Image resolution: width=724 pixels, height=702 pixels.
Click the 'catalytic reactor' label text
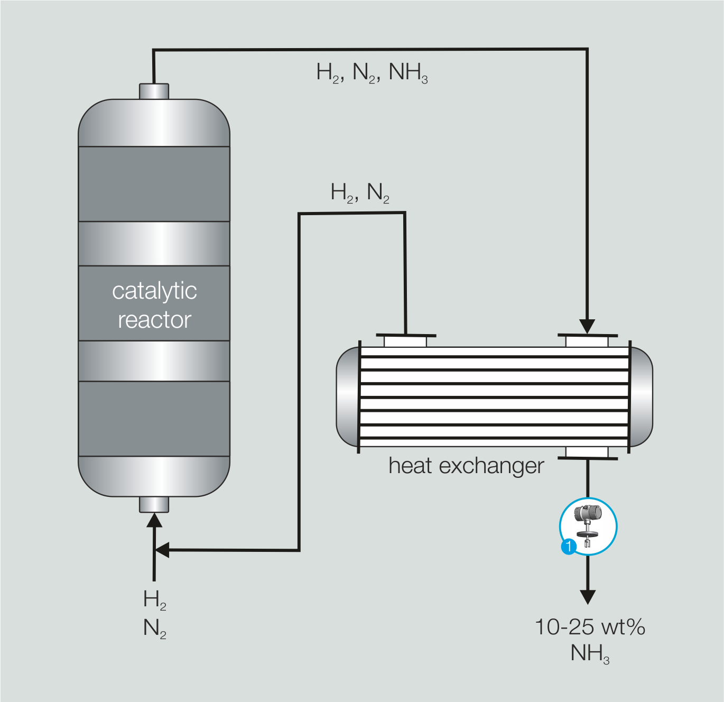click(154, 305)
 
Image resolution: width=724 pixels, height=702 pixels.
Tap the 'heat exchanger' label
click(466, 466)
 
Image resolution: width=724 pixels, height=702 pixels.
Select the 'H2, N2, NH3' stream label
click(372, 72)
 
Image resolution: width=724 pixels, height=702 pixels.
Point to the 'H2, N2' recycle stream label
click(360, 192)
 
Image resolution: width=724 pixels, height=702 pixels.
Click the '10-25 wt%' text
click(590, 627)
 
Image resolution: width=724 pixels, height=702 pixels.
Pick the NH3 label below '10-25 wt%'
click(590, 653)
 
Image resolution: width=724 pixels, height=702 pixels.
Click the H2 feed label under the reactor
click(154, 600)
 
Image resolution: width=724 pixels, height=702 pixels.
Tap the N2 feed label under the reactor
click(154, 628)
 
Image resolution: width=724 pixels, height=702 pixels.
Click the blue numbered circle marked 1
click(568, 546)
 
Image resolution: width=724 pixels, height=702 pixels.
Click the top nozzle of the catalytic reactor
click(154, 91)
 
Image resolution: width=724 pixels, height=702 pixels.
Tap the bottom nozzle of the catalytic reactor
click(154, 504)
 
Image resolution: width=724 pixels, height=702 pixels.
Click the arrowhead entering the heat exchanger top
click(587, 326)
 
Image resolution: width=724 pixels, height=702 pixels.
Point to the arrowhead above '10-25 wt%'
click(588, 597)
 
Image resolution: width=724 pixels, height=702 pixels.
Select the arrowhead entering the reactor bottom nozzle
click(154, 520)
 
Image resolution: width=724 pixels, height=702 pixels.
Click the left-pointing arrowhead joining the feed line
click(162, 550)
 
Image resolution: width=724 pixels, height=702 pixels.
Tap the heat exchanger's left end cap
click(348, 397)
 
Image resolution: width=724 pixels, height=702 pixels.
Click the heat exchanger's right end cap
click(641, 397)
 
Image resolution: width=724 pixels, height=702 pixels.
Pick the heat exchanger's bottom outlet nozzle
click(587, 452)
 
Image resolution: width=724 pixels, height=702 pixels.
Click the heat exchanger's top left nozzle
click(405, 341)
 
